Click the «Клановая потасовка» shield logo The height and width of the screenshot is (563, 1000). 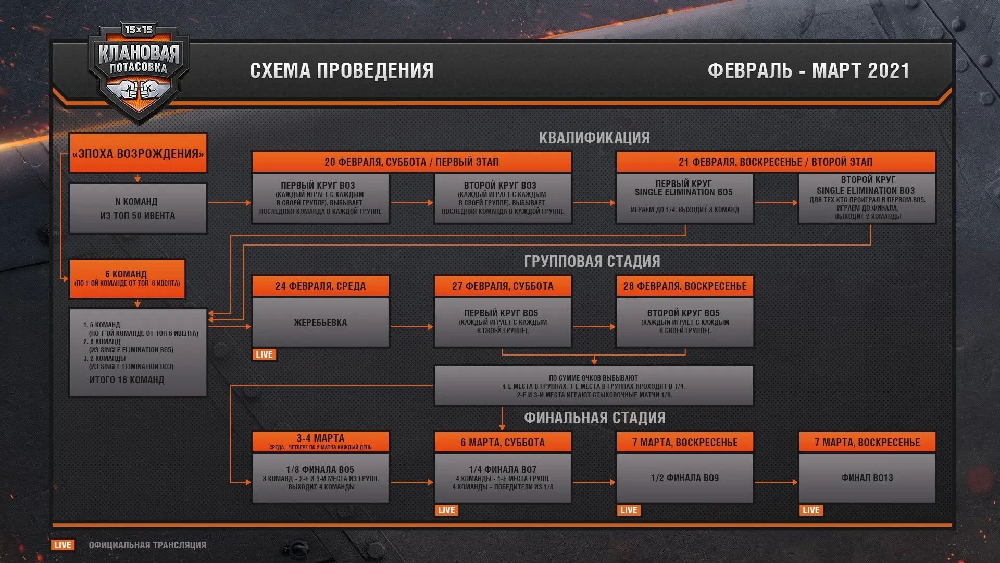[138, 70]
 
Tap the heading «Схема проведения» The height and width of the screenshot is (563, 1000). [342, 70]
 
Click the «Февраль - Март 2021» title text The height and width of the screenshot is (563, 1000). [808, 70]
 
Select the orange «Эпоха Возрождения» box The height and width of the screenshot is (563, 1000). [138, 153]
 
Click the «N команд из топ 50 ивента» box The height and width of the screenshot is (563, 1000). [138, 209]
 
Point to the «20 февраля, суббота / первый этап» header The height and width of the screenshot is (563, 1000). [411, 162]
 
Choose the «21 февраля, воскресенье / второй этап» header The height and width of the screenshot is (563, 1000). [776, 162]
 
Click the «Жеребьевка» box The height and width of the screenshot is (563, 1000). [320, 322]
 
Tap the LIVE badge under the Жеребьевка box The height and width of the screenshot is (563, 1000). [264, 354]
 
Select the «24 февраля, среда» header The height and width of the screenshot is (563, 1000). [320, 286]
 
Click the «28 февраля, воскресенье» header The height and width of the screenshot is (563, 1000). [685, 286]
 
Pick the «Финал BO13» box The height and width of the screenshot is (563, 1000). [867, 478]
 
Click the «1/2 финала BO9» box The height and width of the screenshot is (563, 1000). [685, 478]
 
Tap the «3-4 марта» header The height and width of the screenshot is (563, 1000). [320, 441]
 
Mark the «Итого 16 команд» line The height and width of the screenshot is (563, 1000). [127, 380]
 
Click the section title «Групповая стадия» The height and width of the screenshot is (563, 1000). [592, 261]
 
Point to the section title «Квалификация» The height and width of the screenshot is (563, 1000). [594, 138]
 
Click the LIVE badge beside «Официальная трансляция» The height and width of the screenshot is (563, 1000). [63, 545]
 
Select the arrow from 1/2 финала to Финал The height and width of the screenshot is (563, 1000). [776, 482]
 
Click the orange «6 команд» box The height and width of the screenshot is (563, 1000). [127, 278]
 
